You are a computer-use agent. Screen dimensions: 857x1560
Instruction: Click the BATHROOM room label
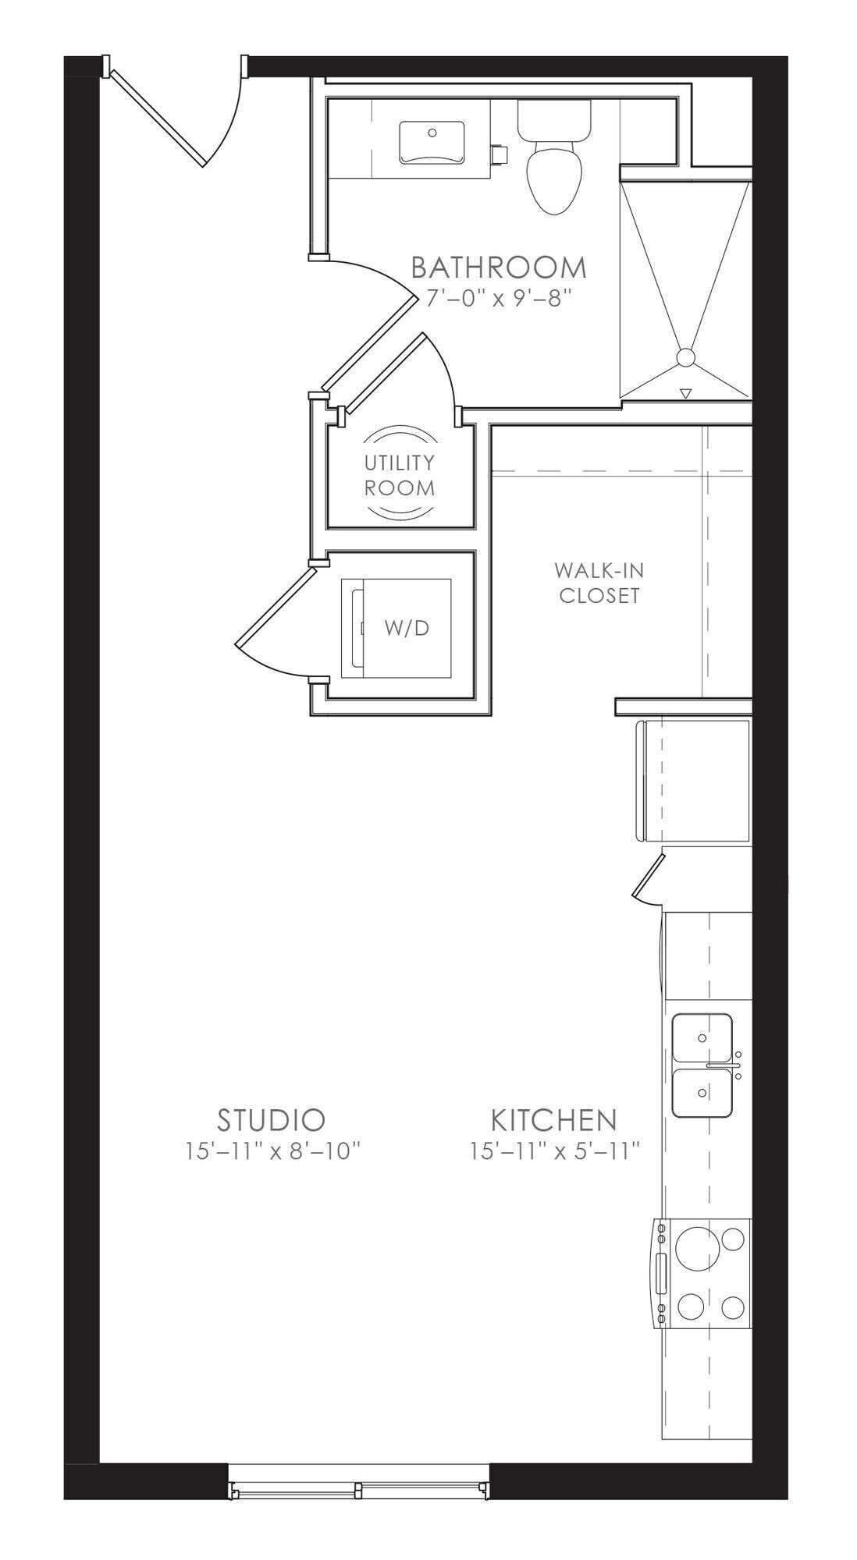tap(498, 268)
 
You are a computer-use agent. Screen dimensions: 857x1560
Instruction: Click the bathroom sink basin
tap(431, 143)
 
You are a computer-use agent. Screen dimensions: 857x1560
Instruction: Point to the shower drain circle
tap(685, 358)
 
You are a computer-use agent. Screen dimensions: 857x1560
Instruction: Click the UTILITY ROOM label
tap(400, 475)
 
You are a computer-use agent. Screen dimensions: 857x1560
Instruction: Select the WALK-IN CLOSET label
tap(599, 583)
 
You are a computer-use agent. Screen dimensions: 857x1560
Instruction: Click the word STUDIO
tap(271, 1120)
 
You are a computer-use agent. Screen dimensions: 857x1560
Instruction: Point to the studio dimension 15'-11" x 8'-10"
tap(274, 1150)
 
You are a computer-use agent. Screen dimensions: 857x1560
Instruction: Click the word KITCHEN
tap(553, 1120)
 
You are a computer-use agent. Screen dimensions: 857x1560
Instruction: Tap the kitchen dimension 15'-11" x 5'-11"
tap(555, 1150)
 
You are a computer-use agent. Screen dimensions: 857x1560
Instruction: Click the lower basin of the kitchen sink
tap(702, 1093)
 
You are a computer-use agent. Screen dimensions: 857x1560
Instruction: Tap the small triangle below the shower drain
tap(685, 394)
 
